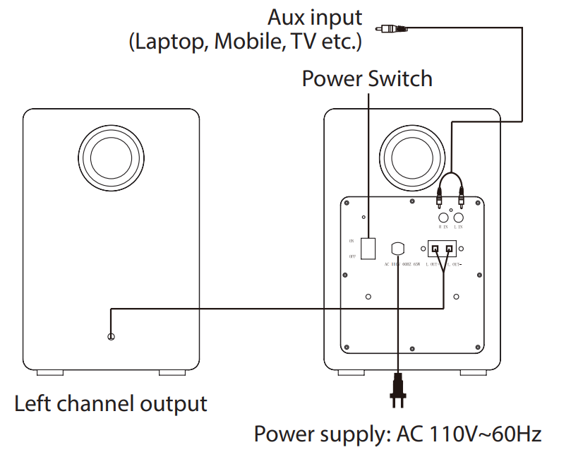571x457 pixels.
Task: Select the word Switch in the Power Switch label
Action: [x=400, y=78]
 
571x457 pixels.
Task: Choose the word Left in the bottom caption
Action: [x=33, y=404]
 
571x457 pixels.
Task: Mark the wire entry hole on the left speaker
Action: [x=111, y=338]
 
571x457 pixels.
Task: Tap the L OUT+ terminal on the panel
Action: [x=436, y=249]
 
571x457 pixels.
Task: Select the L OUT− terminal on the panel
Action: [x=450, y=249]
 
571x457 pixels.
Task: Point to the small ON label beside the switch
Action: [x=351, y=241]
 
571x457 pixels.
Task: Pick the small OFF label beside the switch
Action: [x=351, y=258]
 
